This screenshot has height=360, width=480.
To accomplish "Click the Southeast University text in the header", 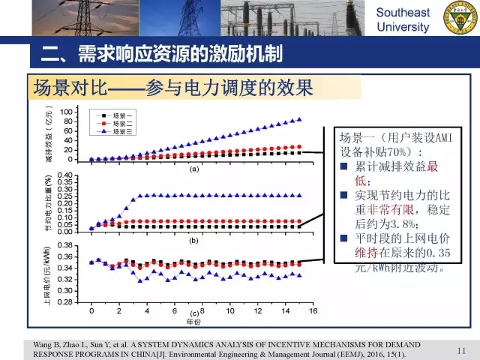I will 403,20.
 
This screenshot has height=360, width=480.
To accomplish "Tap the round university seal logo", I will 461,18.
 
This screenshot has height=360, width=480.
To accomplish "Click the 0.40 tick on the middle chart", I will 64,175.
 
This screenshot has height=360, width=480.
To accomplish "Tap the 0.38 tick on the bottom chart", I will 64,245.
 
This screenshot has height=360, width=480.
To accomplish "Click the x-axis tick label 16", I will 313,310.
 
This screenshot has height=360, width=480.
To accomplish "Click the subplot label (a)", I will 193,169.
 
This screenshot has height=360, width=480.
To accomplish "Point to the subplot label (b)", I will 193,241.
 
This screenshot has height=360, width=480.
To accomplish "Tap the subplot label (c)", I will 193,313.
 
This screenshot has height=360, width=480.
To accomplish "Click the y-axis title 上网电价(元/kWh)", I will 48,274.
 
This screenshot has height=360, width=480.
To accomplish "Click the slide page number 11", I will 461,350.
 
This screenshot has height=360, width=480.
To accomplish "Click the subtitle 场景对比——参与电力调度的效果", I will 172,88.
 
